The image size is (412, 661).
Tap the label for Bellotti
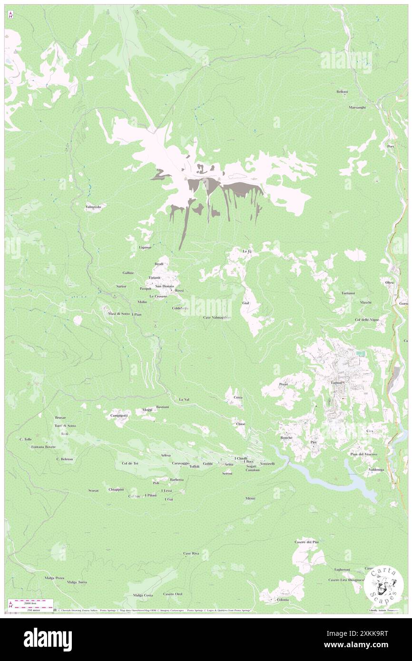point(342,92)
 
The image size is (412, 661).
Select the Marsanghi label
point(356,107)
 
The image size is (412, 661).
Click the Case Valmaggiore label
point(217,317)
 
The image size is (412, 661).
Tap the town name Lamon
point(337,383)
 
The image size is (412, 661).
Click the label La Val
point(184,399)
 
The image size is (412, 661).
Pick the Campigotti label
point(119,415)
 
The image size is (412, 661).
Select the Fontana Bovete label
point(43,447)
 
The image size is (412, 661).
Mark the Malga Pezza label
point(53,578)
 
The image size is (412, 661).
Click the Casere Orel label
point(173,594)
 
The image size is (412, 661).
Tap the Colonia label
point(283,600)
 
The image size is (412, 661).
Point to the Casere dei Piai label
point(306,542)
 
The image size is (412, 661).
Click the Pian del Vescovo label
point(363,454)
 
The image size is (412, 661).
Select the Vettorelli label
point(267,464)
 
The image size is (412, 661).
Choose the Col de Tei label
point(129,463)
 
